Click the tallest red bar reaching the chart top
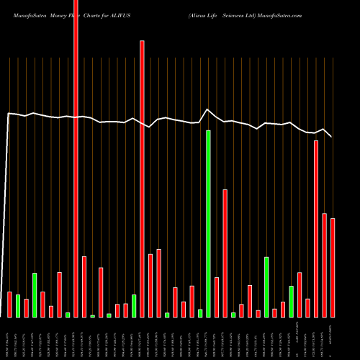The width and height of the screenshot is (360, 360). (x=76, y=158)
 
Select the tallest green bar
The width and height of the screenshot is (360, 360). (x=208, y=224)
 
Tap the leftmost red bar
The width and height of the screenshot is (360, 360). (x=9, y=305)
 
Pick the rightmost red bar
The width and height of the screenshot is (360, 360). (x=333, y=268)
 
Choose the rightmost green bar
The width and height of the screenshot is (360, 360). (x=291, y=302)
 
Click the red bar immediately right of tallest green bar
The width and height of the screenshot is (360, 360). (x=217, y=297)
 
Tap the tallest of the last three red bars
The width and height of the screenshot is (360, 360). (x=316, y=229)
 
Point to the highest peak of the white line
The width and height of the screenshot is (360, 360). (x=208, y=109)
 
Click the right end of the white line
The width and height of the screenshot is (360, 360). (x=331, y=136)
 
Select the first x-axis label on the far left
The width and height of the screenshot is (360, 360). (x=9, y=338)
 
